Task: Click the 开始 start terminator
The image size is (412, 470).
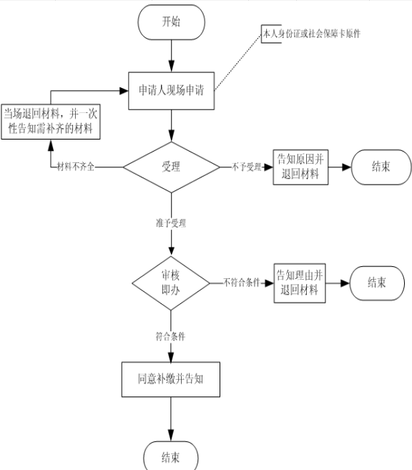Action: pos(172,22)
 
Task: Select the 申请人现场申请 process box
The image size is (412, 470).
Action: pos(172,91)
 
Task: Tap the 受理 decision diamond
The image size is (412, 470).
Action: pos(172,167)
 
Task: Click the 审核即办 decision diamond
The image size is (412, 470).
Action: pos(171,283)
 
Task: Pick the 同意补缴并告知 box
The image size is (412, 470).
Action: pos(171,379)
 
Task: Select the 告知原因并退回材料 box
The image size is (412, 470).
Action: pos(300,167)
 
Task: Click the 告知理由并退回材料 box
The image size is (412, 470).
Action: pos(300,283)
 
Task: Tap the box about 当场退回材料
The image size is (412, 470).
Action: pos(51,122)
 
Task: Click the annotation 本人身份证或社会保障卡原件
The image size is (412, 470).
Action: pos(311,34)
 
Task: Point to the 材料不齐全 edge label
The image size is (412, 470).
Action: pos(76,167)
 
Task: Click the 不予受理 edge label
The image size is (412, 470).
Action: pos(247,167)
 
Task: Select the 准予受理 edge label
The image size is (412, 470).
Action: pos(171,223)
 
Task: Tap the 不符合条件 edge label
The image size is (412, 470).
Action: pos(242,283)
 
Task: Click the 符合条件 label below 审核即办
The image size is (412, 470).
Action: pos(170,336)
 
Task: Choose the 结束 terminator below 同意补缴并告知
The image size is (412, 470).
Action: pos(171,457)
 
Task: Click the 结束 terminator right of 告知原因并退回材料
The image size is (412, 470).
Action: pos(381,167)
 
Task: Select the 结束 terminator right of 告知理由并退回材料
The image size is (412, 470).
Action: pos(377,283)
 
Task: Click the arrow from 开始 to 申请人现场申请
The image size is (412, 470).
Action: pos(172,56)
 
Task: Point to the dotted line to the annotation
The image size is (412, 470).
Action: pos(238,62)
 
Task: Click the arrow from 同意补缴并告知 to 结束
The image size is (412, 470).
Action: pos(171,419)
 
